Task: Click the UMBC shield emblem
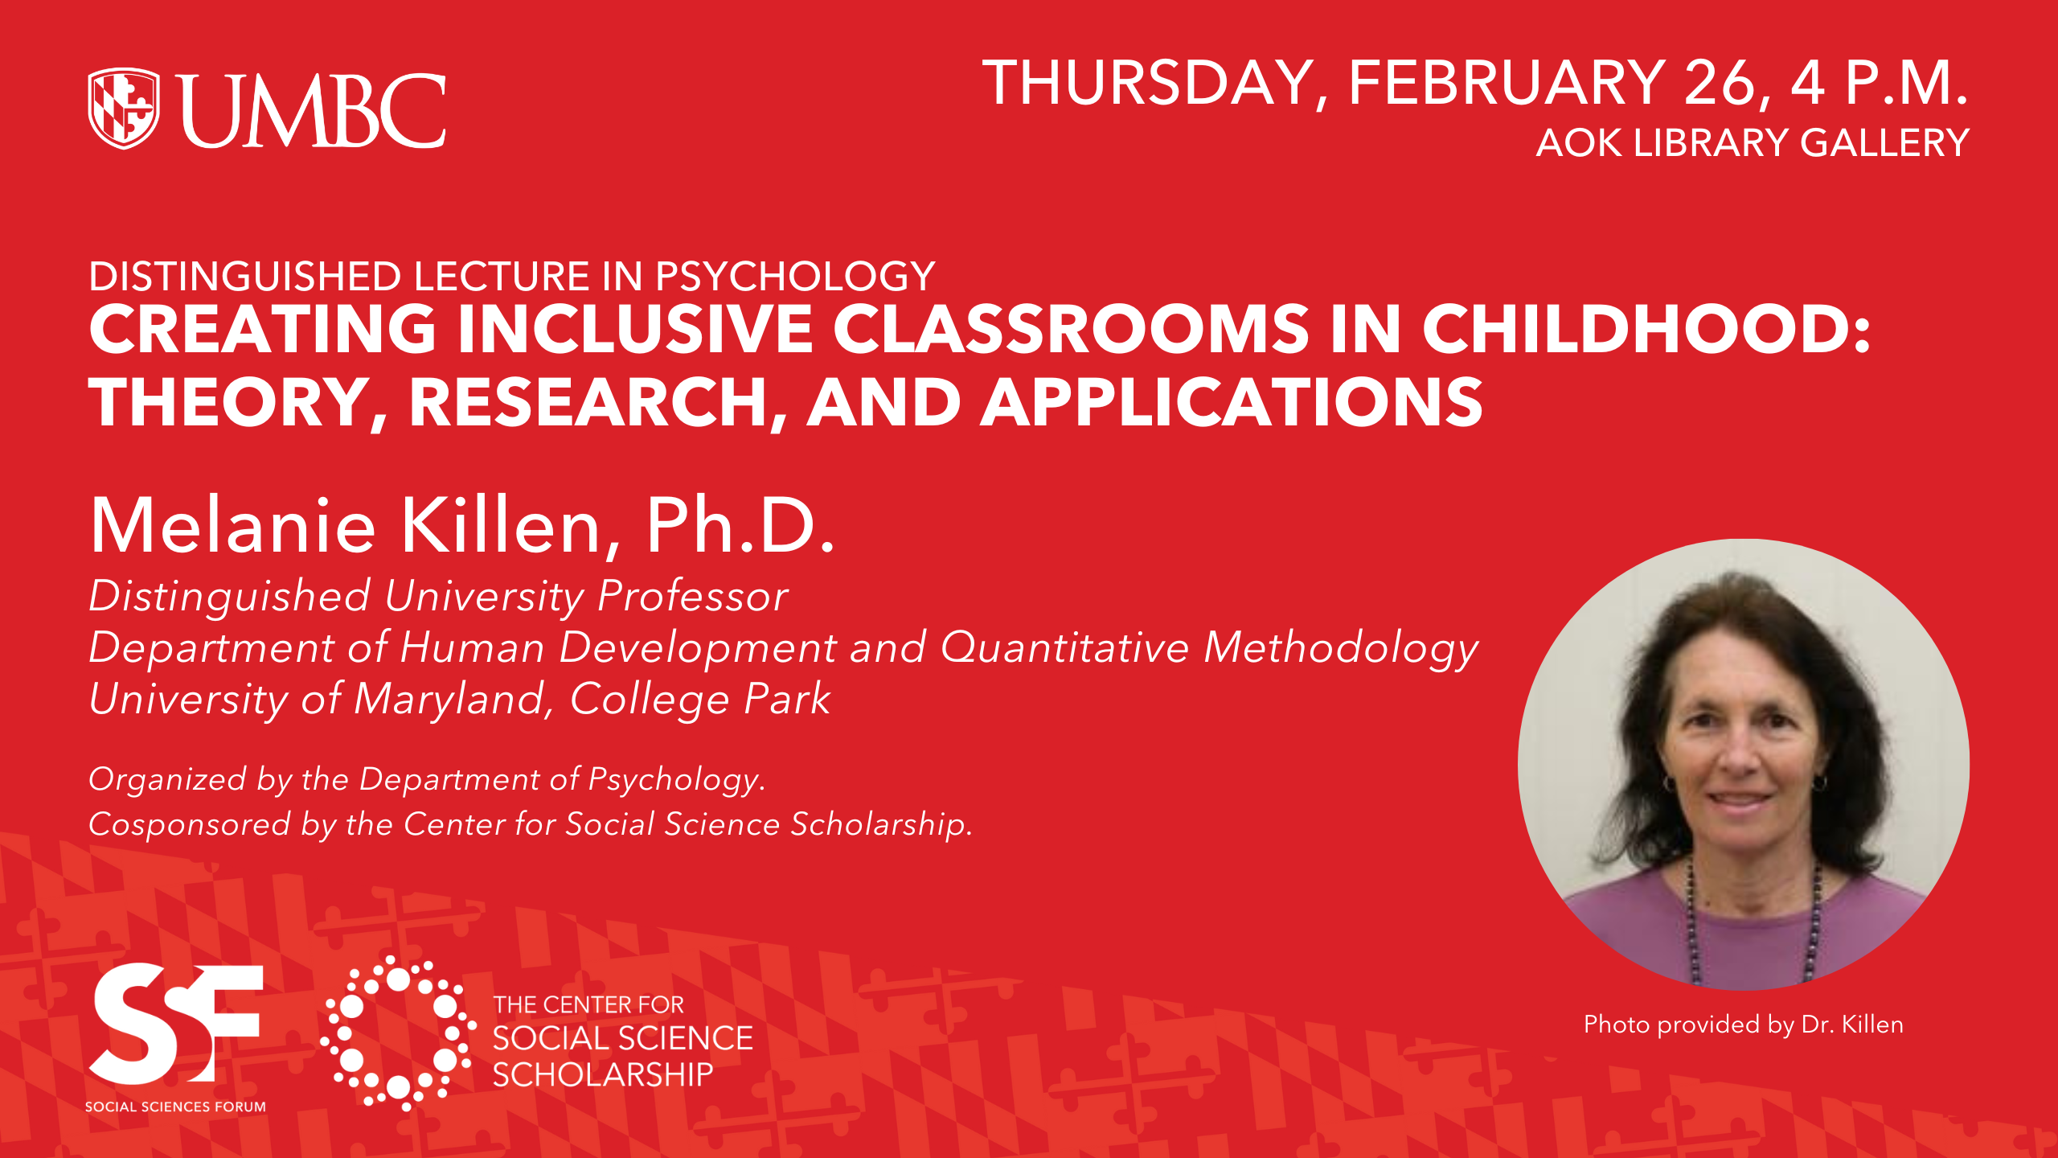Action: pyautogui.click(x=124, y=109)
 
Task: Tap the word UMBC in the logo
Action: pyautogui.click(x=314, y=110)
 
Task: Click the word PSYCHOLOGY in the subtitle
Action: pyautogui.click(x=795, y=276)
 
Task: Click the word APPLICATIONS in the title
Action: pyautogui.click(x=1232, y=403)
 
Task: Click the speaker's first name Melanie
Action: pyautogui.click(x=233, y=525)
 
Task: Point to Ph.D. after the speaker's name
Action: pyautogui.click(x=740, y=525)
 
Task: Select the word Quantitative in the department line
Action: pyautogui.click(x=1064, y=647)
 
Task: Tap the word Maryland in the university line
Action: pyautogui.click(x=449, y=699)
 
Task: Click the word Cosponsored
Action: pyautogui.click(x=190, y=825)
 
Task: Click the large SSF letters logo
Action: pyautogui.click(x=175, y=1024)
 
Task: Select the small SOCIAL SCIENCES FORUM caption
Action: pyautogui.click(x=175, y=1107)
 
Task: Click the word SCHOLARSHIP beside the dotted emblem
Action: pyautogui.click(x=603, y=1075)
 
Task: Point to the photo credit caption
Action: pyautogui.click(x=1744, y=1025)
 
